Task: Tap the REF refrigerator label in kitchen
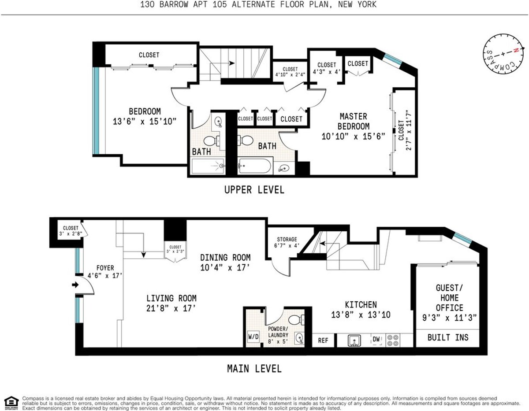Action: click(x=324, y=340)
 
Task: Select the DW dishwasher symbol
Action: click(x=376, y=339)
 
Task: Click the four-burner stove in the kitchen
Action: click(x=392, y=340)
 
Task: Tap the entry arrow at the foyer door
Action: click(x=75, y=285)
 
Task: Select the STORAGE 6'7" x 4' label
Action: click(x=287, y=242)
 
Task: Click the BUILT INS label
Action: click(x=447, y=337)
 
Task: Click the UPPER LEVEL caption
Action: click(x=254, y=190)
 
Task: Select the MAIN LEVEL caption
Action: click(x=254, y=368)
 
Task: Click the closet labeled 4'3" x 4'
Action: click(x=327, y=68)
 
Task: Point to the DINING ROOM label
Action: click(x=225, y=262)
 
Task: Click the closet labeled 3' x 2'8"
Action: click(x=71, y=231)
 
